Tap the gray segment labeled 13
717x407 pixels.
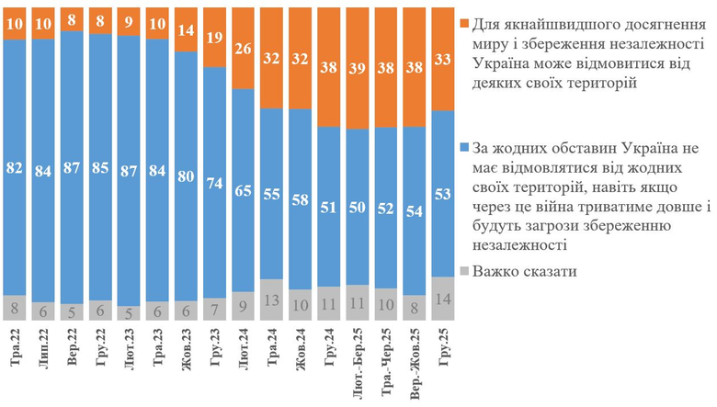point(272,300)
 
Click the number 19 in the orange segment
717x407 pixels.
point(216,38)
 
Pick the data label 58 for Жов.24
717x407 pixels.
point(300,198)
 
